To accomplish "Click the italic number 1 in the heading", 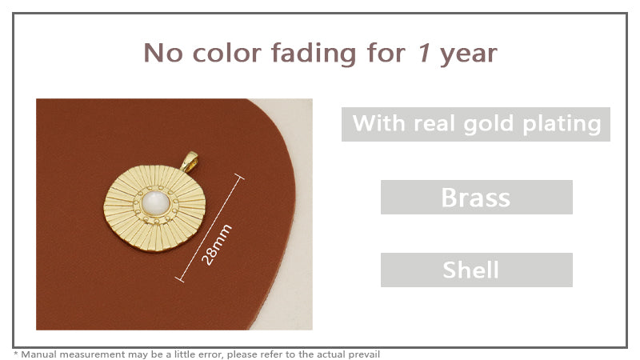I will [425, 54].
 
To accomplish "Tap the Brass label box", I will [476, 197].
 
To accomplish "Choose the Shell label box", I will [476, 270].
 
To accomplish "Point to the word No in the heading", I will [161, 54].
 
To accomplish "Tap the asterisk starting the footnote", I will [16, 353].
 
